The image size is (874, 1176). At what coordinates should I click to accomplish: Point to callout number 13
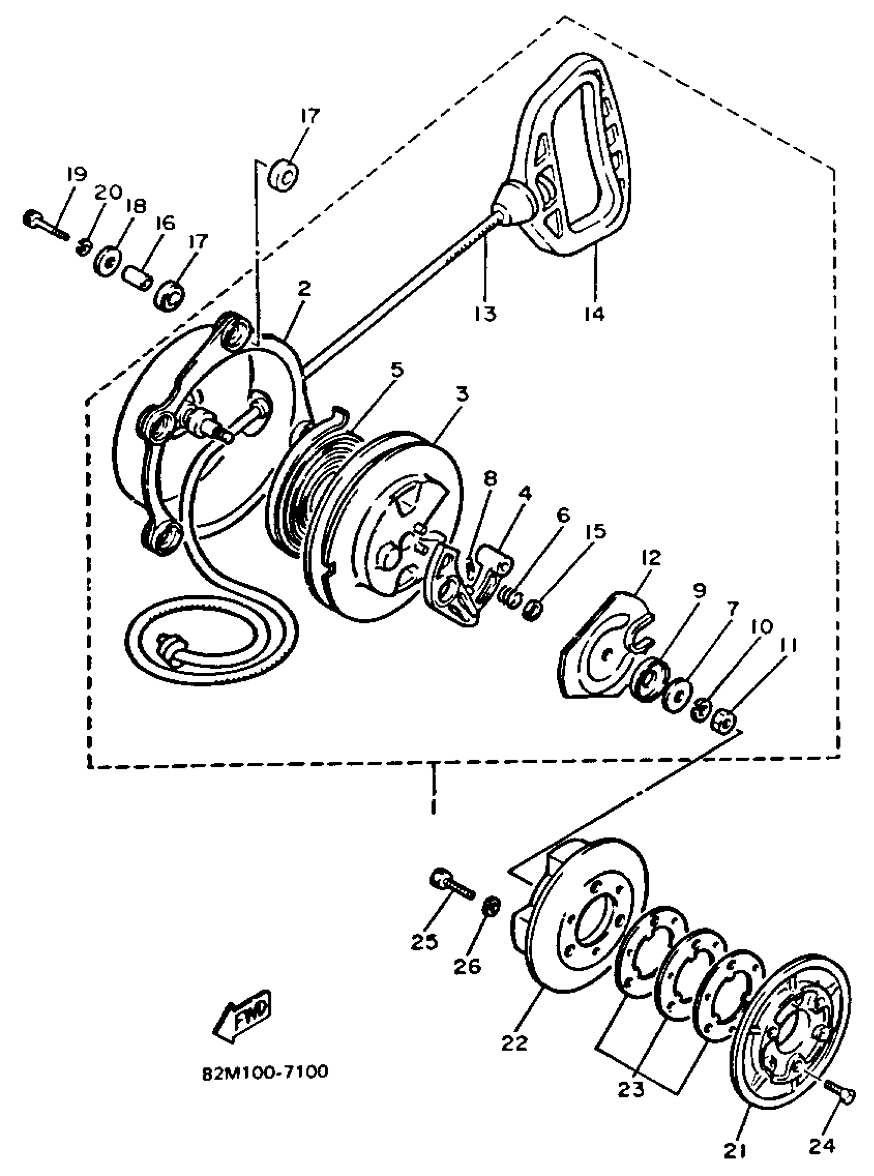[x=485, y=314]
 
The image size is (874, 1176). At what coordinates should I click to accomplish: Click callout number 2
[x=304, y=289]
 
